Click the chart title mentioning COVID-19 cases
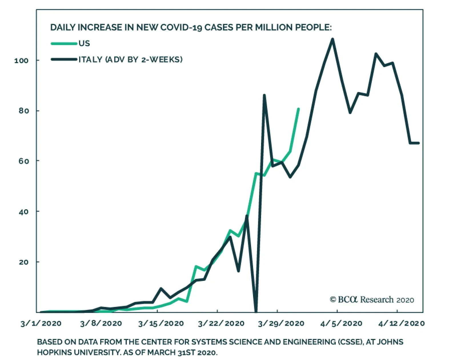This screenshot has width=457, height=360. [191, 27]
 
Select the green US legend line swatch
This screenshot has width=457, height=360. [64, 44]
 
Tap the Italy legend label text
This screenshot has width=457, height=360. [131, 59]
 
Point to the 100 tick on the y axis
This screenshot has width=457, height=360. [22, 61]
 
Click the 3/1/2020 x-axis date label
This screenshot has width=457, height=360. [41, 323]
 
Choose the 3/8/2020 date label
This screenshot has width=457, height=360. [101, 323]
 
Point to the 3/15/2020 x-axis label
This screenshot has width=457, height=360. [161, 323]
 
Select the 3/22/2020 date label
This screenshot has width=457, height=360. [221, 323]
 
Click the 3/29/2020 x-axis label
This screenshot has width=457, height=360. [281, 323]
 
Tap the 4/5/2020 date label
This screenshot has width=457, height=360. [341, 323]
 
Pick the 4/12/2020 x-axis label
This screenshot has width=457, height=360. [401, 323]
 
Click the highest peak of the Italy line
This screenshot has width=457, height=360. [332, 39]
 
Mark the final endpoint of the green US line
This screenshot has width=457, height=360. [298, 109]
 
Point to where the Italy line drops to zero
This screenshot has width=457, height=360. [256, 311]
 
